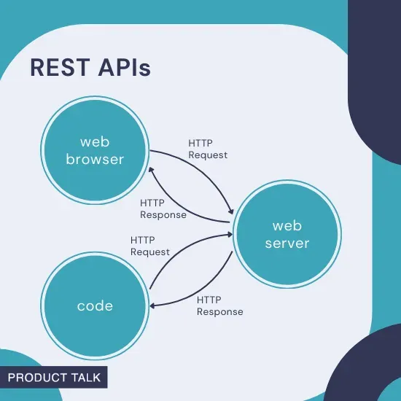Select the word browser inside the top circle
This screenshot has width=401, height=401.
96,158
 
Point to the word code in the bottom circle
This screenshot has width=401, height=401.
96,305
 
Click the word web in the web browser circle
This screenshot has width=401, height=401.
96,141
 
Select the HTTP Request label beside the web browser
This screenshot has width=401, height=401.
207,149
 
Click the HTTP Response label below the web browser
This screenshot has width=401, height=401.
163,209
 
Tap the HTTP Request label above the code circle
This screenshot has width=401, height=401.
149,246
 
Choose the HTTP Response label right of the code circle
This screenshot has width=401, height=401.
219,305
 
